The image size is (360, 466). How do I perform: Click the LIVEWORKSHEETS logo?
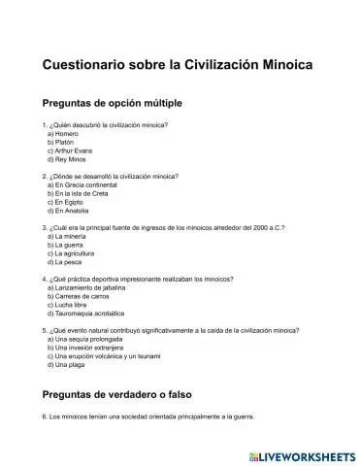click(x=302, y=453)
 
